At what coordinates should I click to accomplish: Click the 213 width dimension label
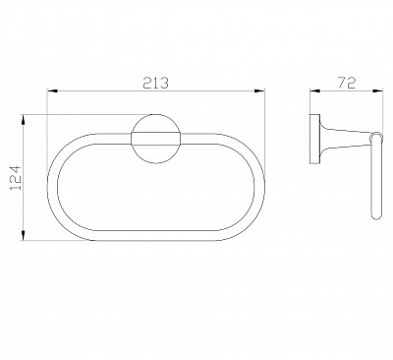[x=155, y=83]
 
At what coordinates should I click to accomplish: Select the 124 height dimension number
[x=16, y=178]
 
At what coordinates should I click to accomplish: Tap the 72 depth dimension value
[x=347, y=83]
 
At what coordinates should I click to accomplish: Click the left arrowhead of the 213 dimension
[x=52, y=90]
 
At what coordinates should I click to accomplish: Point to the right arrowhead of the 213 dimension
[x=259, y=90]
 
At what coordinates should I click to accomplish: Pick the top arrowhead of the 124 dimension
[x=24, y=120]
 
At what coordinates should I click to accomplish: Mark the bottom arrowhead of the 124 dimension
[x=24, y=235]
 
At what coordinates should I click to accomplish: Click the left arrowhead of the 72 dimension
[x=314, y=90]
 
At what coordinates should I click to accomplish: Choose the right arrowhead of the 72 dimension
[x=377, y=90]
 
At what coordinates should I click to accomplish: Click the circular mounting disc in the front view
[x=155, y=121]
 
